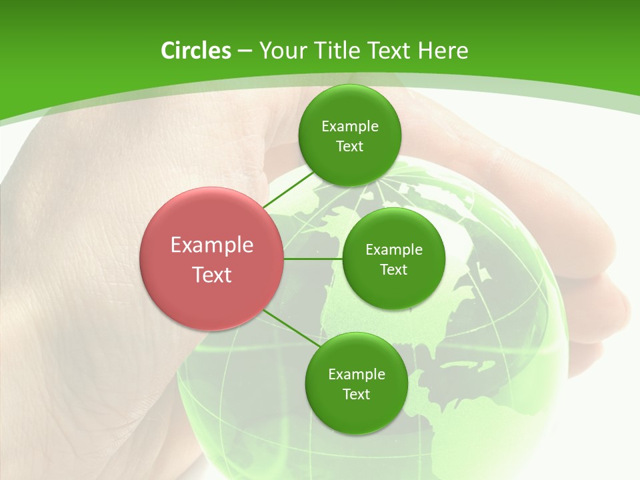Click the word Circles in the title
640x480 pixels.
195,51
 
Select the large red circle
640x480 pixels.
211,259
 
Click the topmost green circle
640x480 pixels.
349,135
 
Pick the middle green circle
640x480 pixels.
393,259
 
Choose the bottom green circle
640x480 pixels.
356,383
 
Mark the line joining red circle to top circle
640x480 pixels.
288,191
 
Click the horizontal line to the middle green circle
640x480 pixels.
313,259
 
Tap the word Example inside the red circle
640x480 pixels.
212,245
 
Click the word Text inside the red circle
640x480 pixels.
212,275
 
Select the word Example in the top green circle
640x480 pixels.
349,127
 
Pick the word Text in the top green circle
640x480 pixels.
349,147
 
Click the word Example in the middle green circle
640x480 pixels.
393,250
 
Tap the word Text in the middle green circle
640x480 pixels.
393,270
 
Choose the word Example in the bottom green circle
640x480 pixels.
356,375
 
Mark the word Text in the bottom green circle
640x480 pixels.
356,395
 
